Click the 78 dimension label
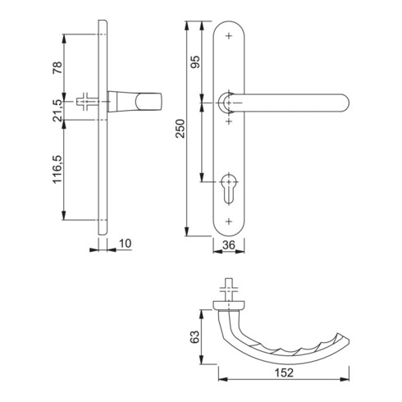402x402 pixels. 57,68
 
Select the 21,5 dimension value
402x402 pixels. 57,111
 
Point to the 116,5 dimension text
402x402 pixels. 57,169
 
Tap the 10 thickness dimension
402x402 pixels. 126,243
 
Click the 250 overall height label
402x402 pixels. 180,129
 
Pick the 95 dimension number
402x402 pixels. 195,62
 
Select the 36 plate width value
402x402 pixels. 229,245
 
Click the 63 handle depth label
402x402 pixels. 194,337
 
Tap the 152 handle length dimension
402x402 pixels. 284,372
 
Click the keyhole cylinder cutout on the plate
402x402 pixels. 229,189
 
